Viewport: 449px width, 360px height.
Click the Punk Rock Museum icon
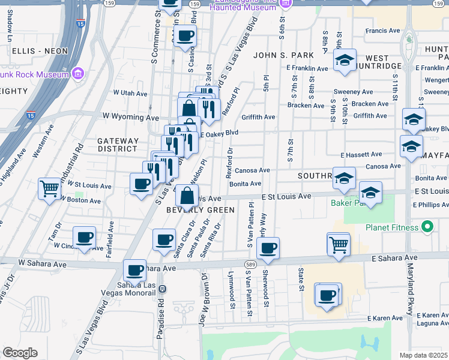(77, 74)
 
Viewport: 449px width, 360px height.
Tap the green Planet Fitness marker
(427, 227)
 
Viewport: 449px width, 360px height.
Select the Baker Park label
(346, 203)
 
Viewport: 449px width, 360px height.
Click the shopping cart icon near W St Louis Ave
(49, 188)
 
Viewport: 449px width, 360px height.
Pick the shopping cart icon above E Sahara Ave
(339, 244)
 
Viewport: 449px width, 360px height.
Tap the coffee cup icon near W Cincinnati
(85, 237)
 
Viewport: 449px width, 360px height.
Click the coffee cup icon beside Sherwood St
(268, 247)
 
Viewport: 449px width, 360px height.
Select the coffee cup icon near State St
(327, 295)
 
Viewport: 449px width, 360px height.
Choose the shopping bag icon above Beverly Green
(187, 194)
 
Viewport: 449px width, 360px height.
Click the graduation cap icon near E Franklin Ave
(345, 60)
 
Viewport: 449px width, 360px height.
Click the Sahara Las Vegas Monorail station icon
(162, 289)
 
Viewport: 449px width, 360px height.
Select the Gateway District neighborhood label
(118, 145)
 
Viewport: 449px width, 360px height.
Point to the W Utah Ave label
(130, 94)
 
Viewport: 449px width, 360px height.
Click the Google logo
(20, 353)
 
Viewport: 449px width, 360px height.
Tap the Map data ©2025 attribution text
(423, 355)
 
